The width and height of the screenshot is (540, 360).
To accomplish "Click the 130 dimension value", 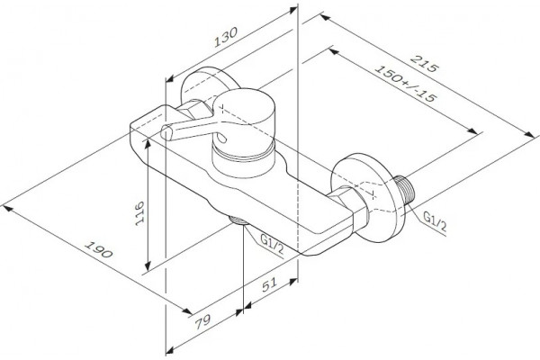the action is (226, 37).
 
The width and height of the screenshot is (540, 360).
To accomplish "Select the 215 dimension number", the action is (425, 63).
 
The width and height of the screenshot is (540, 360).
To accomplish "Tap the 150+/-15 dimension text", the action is (406, 84).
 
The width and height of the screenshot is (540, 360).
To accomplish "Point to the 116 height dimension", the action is (139, 213).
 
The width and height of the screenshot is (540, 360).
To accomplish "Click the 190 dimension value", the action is (99, 249).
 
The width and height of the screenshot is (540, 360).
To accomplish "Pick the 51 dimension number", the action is (269, 285).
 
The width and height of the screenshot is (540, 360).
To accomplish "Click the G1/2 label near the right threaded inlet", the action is (435, 222).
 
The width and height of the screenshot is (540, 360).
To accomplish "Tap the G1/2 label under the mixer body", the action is (272, 244).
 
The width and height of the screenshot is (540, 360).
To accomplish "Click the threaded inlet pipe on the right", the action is (405, 190).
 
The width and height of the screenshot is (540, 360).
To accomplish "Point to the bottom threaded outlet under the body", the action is (238, 220).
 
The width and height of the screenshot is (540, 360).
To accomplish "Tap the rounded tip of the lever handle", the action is (166, 132).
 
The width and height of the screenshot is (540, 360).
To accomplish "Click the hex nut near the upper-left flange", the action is (193, 109).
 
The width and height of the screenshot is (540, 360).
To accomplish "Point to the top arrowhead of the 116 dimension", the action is (148, 144).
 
